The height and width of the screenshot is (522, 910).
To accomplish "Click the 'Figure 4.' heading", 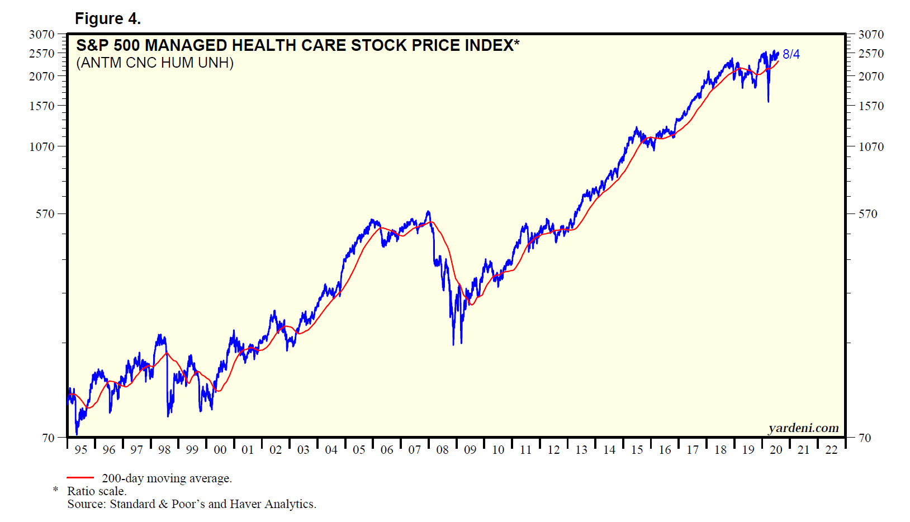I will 107,19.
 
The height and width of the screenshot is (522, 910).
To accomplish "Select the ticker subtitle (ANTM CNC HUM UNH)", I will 155,63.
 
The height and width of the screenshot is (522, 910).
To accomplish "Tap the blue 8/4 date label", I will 791,54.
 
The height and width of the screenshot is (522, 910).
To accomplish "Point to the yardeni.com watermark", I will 803,428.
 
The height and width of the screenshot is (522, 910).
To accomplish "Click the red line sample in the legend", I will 80,478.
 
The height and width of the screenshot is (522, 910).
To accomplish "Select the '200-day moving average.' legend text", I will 167,478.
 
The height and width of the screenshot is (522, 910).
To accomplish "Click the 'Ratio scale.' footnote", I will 97,491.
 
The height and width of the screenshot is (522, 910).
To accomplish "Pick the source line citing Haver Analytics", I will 192,504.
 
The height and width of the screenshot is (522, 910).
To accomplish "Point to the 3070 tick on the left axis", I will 42,35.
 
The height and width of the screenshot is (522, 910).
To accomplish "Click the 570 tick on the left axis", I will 45,214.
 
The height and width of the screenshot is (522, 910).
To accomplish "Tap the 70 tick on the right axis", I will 865,438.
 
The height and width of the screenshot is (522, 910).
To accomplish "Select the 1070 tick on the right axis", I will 871,147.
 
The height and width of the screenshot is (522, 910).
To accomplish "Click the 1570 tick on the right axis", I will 871,106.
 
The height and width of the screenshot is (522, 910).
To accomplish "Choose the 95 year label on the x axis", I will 81,450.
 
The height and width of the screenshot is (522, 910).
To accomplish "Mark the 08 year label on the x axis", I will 442,450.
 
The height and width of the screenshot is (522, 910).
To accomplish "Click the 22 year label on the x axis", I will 831,450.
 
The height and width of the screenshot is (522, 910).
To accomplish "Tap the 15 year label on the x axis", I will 637,450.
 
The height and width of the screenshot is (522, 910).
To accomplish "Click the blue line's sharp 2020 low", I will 768,102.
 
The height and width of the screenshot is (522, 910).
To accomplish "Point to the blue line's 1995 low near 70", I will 77,434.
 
